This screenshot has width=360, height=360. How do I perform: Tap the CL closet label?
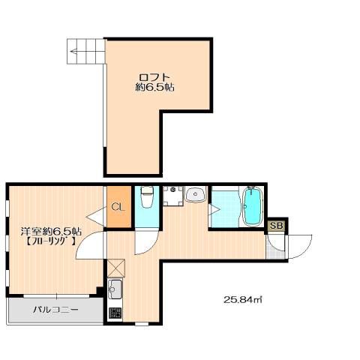point(118,207)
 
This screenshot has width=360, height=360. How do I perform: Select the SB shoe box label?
point(277,226)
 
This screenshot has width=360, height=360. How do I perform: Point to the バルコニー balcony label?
point(55,310)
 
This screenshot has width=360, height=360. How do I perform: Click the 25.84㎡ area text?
point(242,299)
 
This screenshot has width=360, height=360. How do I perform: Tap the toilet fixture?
point(147,196)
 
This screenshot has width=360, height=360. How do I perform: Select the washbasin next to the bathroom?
point(196,194)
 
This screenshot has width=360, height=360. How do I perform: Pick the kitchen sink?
point(115,289)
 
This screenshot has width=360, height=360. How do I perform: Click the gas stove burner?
point(115,313)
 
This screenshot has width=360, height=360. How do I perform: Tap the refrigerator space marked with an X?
point(116,268)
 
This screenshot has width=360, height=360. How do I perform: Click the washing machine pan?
point(172,196)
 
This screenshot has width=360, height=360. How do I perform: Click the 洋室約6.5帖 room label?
point(51,231)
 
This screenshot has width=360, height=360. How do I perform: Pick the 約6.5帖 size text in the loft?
point(154,87)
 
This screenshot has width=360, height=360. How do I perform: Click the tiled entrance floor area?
point(275,250)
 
